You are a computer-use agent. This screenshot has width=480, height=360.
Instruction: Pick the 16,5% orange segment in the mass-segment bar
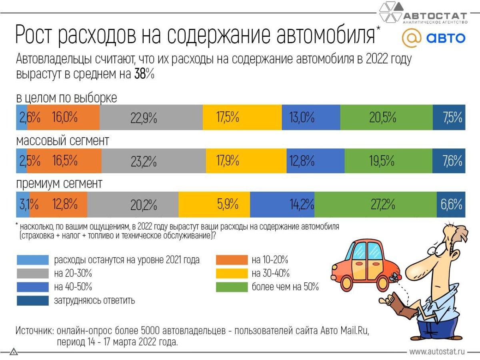[x=64, y=161]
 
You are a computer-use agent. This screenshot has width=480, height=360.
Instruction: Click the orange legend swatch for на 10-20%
[x=232, y=260]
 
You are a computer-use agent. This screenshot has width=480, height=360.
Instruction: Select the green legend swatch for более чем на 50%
[x=232, y=287]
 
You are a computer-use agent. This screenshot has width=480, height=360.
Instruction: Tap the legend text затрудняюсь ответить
[x=94, y=300]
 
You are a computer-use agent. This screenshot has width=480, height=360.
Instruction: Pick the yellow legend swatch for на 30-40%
[x=232, y=274]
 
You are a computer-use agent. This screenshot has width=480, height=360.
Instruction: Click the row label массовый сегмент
[x=62, y=141]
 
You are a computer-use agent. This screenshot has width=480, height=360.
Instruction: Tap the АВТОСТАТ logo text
[x=435, y=16]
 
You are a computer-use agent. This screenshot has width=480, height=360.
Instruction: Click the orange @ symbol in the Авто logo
[x=411, y=38]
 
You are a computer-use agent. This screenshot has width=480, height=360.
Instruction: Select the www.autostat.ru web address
[x=437, y=352]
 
